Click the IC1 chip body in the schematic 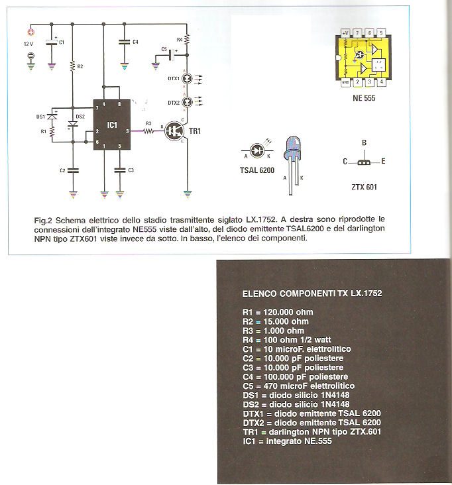(112, 125)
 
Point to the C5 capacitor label (164, 50)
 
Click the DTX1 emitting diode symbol (188, 78)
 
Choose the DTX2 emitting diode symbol (188, 102)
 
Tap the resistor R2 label (80, 66)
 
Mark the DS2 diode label (80, 117)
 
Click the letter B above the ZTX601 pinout (363, 142)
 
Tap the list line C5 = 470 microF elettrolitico (298, 386)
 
